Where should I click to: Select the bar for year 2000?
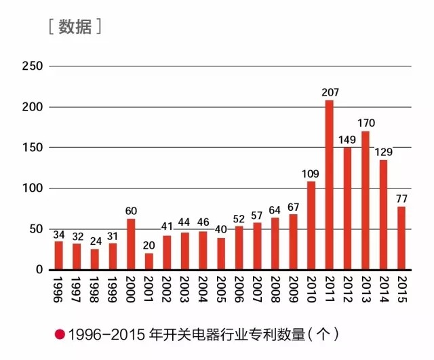131,244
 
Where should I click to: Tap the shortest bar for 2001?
149,261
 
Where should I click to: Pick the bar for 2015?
401,238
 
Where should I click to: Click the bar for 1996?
59,256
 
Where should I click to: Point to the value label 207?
330,92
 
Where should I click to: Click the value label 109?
312,172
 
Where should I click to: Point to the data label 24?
95,241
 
